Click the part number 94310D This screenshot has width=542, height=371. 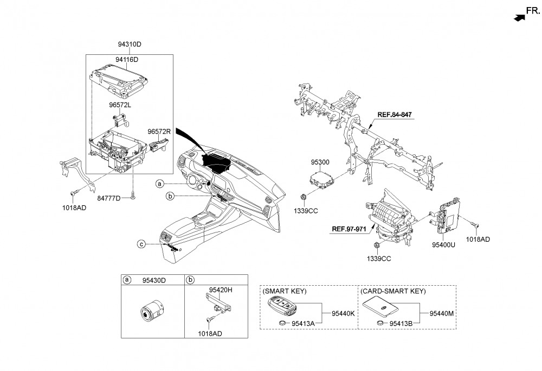[129, 44]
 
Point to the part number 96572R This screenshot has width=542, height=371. [159, 131]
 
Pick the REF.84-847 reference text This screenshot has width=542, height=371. [395, 115]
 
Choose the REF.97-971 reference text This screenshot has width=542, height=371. [351, 229]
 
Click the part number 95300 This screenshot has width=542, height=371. [320, 162]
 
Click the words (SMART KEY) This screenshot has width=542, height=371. [285, 291]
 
